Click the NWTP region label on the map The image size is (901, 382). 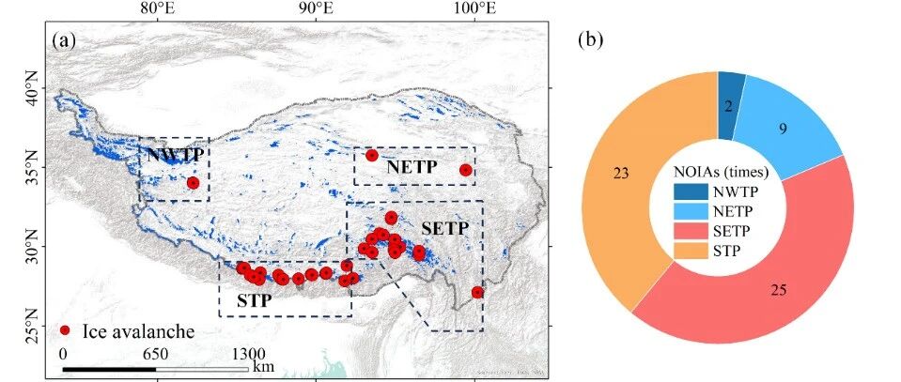[175, 155]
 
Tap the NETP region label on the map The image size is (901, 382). [412, 168]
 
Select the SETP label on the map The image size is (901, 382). [445, 228]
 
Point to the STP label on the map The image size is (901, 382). [254, 300]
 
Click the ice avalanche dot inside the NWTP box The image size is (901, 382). [194, 183]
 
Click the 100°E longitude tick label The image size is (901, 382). [474, 8]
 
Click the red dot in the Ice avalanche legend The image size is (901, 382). [66, 330]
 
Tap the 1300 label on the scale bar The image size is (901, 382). [248, 352]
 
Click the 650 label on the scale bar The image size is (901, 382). [155, 352]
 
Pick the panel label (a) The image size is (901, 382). [64, 40]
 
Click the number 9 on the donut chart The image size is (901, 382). [782, 130]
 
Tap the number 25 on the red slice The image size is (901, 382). [779, 291]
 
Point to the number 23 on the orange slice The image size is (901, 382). [621, 174]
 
